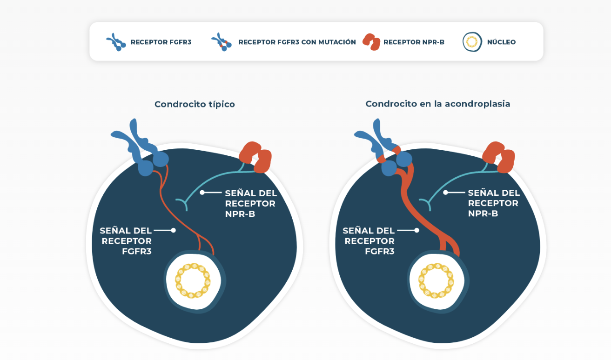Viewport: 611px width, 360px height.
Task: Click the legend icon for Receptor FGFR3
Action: tap(116, 42)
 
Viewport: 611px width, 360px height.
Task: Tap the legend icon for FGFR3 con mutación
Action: tap(221, 42)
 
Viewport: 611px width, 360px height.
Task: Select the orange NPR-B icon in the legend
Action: tap(371, 42)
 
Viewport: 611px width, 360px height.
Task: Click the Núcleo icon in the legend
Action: tap(472, 42)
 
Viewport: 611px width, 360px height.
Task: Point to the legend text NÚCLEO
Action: tap(501, 42)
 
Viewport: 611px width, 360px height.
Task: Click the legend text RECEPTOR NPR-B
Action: tap(414, 42)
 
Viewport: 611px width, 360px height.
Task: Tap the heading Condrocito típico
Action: tap(195, 104)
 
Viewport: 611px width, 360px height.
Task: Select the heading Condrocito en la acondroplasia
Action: tap(437, 104)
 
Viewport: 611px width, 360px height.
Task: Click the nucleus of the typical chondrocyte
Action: tap(194, 281)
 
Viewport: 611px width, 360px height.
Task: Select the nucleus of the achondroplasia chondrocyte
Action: tap(436, 281)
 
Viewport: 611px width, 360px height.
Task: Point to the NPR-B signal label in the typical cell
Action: tap(250, 203)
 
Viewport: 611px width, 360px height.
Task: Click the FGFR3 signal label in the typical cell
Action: tap(126, 241)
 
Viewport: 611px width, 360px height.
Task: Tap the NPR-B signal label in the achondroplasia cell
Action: tap(493, 203)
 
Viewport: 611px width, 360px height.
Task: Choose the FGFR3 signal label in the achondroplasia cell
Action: tap(369, 241)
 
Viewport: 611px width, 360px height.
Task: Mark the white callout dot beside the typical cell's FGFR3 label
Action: tap(173, 230)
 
